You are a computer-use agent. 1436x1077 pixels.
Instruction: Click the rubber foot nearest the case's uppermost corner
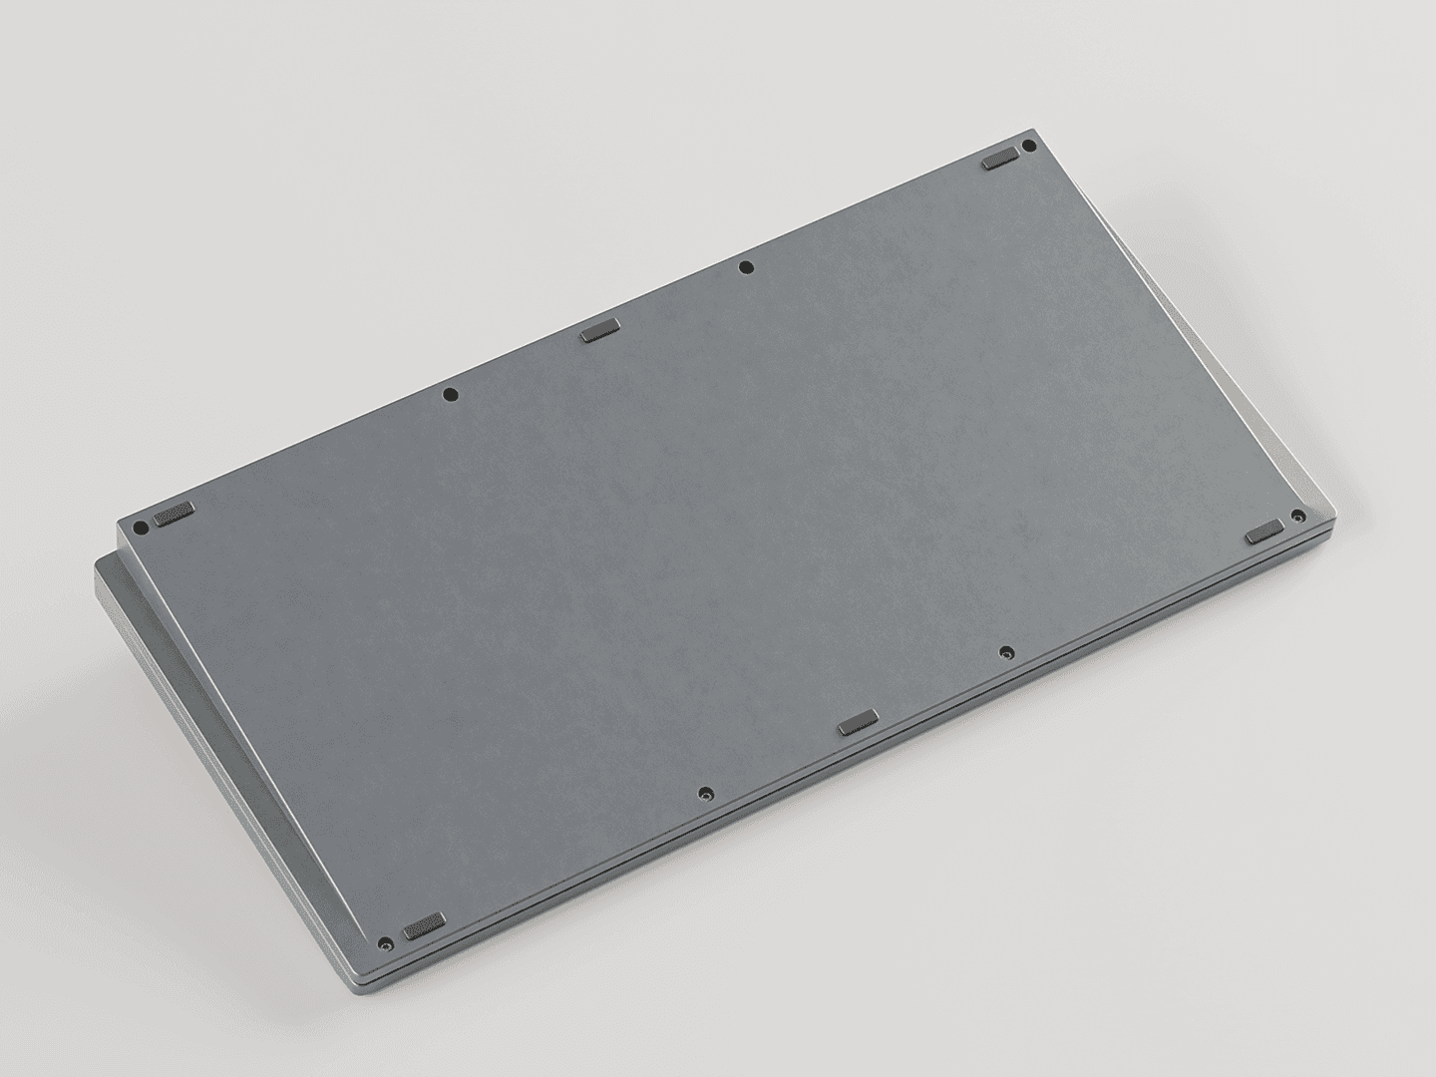click(x=998, y=159)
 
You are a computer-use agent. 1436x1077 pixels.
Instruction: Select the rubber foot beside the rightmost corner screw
click(x=1264, y=531)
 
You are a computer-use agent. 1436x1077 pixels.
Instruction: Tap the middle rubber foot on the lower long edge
click(x=858, y=721)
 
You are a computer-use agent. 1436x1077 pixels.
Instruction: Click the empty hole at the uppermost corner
click(x=1029, y=146)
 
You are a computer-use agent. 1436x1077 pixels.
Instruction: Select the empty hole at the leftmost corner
click(x=141, y=527)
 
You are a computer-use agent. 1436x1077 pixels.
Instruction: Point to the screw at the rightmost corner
click(x=1296, y=516)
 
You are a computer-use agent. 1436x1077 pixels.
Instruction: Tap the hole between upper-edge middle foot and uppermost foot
click(x=746, y=266)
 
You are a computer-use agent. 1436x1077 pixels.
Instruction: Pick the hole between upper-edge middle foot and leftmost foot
click(x=450, y=394)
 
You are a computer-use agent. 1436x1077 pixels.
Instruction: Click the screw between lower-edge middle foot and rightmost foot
click(x=1005, y=652)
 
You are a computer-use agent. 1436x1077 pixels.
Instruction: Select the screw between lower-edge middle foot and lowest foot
click(x=705, y=794)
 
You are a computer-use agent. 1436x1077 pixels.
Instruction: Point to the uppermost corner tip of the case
click(x=1034, y=130)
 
